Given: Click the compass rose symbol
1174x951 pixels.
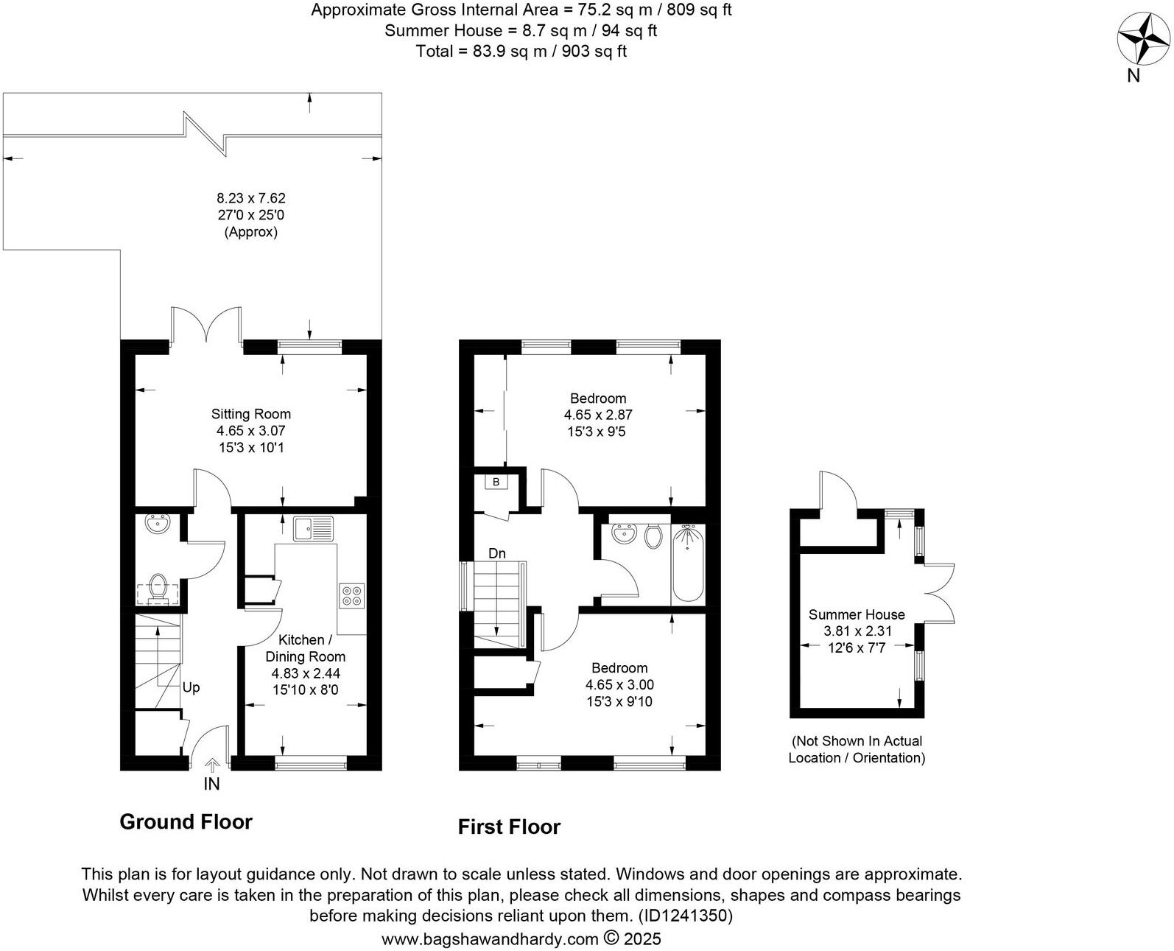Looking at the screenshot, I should (x=1143, y=39).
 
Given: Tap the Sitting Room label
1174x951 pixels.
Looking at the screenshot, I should (x=250, y=414).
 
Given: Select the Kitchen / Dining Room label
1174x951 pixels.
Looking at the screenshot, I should (x=305, y=648).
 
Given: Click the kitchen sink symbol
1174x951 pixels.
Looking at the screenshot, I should (x=313, y=529).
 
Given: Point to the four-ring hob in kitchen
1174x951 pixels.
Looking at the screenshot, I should (x=351, y=595).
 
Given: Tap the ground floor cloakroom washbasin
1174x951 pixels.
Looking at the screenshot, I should (x=158, y=524).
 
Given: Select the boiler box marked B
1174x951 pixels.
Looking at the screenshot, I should (x=496, y=482).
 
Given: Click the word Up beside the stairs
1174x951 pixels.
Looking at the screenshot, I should (x=191, y=687).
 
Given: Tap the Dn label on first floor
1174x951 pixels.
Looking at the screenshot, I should (x=497, y=553).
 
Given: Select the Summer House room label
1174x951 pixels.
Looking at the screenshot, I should (x=856, y=614).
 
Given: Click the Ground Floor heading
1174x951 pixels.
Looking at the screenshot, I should (x=186, y=822).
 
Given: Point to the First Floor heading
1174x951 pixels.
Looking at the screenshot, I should (x=509, y=827).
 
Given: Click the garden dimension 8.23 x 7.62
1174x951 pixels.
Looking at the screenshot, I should (x=250, y=198).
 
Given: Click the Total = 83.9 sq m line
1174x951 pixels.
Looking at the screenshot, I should (x=521, y=52).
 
